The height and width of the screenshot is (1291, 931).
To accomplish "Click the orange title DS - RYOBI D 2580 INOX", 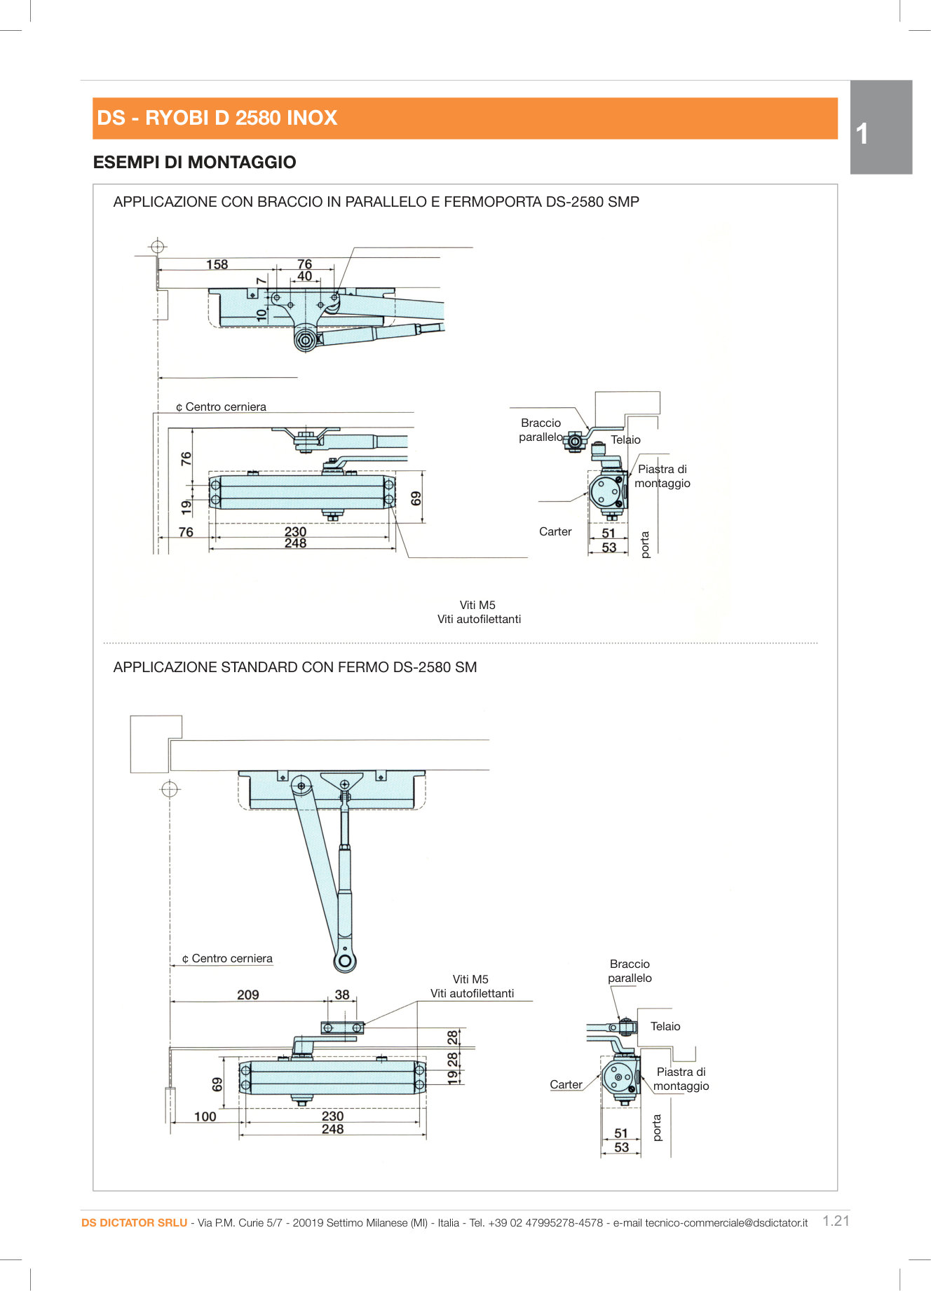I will tap(217, 118).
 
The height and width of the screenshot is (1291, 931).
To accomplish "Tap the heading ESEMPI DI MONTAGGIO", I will tap(194, 162).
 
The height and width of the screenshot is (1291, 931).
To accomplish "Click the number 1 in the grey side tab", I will tap(862, 134).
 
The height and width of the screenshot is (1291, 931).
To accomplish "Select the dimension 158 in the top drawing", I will tap(217, 264).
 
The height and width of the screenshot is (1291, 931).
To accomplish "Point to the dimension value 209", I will tap(247, 995).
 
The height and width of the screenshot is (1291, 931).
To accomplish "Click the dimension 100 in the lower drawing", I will tap(205, 1116).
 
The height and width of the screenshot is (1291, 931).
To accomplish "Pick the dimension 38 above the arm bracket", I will tap(341, 995).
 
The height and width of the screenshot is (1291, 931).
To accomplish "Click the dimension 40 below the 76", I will tap(304, 276).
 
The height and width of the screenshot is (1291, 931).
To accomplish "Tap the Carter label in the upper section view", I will tap(555, 531).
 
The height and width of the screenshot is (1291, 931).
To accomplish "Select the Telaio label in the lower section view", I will tap(665, 1026).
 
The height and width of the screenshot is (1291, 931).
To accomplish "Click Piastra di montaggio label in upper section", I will tap(662, 476).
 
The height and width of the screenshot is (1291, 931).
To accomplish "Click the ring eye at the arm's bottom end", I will tap(345, 959).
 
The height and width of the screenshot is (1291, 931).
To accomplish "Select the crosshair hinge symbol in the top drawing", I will tap(158, 247).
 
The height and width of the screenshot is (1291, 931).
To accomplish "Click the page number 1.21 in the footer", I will tap(836, 1221).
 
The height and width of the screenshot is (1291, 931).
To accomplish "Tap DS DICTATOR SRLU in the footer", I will tap(134, 1222).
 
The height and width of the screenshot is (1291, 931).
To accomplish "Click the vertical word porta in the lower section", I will tap(657, 1128).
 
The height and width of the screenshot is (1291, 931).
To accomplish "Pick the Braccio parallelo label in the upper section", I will tap(541, 430).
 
